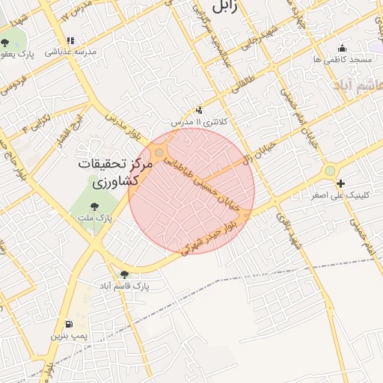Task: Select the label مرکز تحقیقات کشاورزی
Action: (115, 172)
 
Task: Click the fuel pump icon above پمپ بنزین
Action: (70, 325)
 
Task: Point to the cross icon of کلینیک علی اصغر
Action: (341, 184)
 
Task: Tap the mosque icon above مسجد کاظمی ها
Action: (343, 48)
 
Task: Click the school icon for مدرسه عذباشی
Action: (70, 41)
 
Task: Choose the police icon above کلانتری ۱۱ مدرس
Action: (198, 110)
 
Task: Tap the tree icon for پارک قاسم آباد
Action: (124, 275)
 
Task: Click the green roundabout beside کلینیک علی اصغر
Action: (330, 172)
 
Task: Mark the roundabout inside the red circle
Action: (159, 153)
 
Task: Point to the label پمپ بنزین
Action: (70, 337)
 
